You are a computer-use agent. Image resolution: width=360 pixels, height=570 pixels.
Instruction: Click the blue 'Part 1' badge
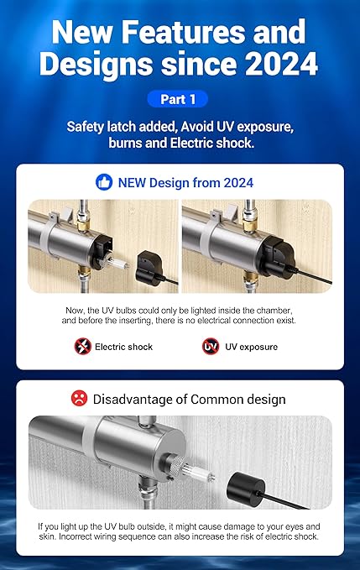click(180, 99)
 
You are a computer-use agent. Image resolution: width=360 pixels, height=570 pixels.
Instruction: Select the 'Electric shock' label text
click(123, 347)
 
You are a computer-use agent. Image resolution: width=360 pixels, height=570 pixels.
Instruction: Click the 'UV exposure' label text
click(251, 347)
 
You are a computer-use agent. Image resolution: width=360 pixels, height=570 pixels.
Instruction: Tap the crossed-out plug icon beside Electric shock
click(82, 347)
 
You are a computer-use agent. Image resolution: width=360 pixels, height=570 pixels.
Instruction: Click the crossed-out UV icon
click(210, 347)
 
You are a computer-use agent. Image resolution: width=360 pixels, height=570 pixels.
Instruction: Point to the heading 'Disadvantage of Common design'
click(190, 398)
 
